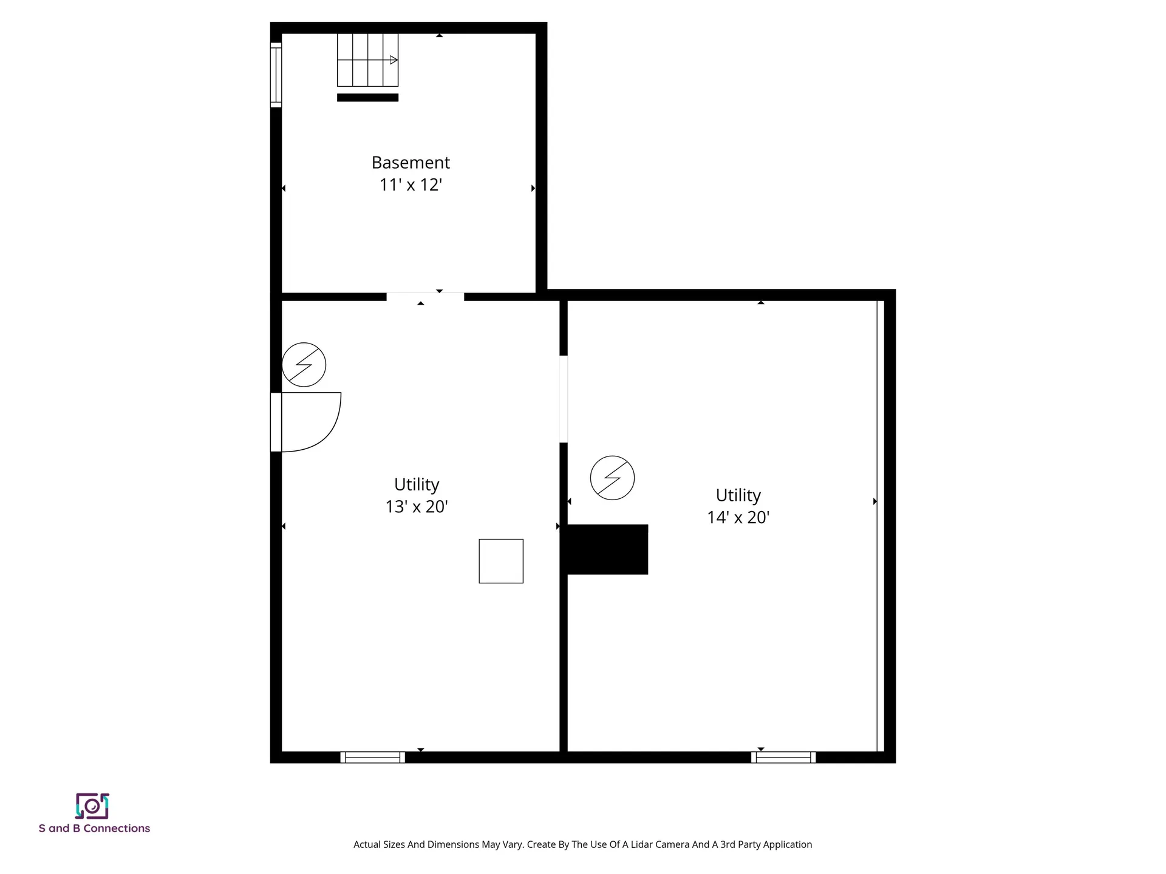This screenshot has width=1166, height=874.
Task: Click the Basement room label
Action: point(411,163)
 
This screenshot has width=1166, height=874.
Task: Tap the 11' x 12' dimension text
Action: point(411,185)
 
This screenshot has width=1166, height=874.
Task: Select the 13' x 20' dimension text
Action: point(417,506)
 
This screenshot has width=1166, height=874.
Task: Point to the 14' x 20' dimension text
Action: point(738,517)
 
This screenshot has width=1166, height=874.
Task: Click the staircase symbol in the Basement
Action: point(367,60)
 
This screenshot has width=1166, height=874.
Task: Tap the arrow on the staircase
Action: point(394,60)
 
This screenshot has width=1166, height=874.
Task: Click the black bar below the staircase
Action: point(367,98)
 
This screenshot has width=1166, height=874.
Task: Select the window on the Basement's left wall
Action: point(276,75)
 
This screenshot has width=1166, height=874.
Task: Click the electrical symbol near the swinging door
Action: point(304,365)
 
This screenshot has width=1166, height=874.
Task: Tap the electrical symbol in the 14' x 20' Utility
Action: point(612,478)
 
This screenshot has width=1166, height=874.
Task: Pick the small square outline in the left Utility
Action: point(501,561)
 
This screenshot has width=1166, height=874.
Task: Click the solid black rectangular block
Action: point(607,549)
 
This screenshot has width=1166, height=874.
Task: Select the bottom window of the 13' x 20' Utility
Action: point(372,757)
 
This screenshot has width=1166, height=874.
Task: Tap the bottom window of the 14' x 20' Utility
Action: point(783,757)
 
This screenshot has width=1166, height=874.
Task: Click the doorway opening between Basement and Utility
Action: point(425,297)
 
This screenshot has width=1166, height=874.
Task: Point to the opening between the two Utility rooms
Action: point(564,399)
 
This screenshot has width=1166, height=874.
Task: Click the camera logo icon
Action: point(92,806)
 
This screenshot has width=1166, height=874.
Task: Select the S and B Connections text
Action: point(94,828)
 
